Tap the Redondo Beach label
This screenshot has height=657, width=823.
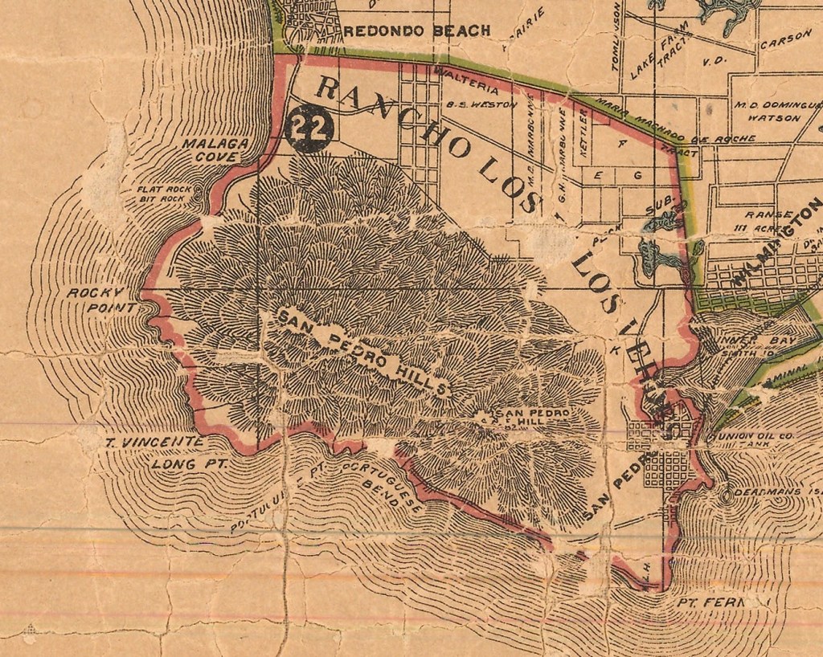(x=416, y=31)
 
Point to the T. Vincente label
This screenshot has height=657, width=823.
(x=154, y=442)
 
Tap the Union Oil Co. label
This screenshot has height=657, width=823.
(x=740, y=437)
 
